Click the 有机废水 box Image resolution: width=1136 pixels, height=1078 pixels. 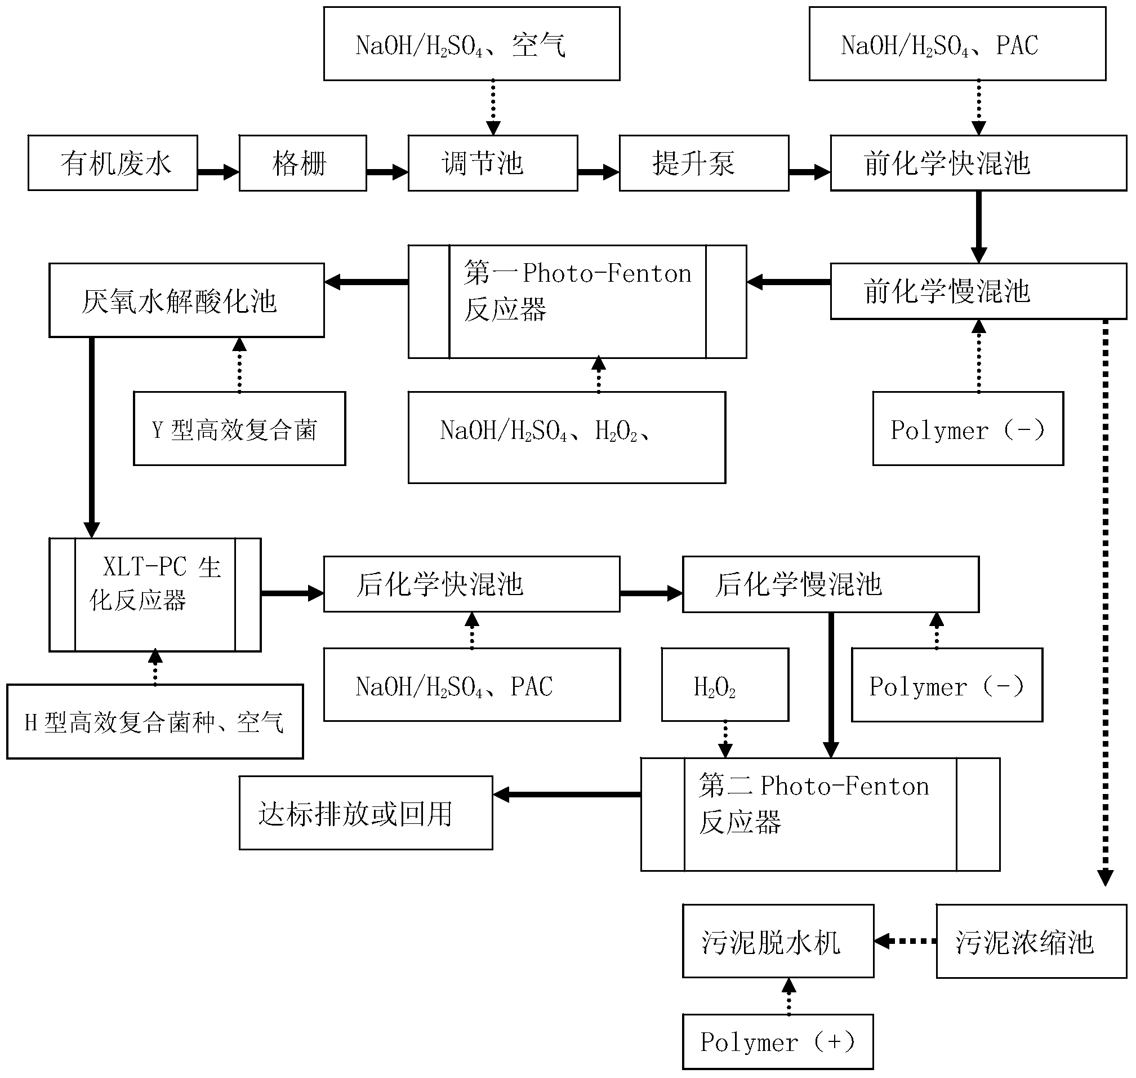click(113, 163)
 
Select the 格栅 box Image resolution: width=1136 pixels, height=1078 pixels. click(302, 163)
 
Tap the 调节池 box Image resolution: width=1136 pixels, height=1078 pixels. click(493, 163)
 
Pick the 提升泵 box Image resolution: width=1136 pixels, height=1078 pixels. click(703, 163)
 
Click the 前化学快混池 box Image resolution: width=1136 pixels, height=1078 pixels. click(978, 163)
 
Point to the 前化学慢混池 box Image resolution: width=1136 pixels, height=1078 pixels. click(978, 291)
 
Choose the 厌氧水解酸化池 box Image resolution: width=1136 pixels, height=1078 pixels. click(186, 300)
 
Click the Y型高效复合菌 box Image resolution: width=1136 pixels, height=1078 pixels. click(239, 429)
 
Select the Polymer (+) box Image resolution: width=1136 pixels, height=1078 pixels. click(778, 1042)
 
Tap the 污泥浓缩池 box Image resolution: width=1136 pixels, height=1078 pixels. click(1031, 941)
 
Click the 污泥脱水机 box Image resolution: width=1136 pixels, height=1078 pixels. click(778, 941)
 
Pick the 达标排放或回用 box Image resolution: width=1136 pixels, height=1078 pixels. click(366, 813)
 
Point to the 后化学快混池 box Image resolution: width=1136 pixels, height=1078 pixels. click(471, 584)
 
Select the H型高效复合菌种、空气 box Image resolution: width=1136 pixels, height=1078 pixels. click(154, 722)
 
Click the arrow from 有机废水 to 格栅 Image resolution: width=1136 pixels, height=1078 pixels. click(218, 171)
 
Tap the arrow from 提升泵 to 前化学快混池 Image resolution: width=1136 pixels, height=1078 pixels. click(809, 171)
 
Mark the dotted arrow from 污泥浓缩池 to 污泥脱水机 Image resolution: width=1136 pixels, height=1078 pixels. click(905, 941)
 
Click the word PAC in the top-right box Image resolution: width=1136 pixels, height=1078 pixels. click(1017, 46)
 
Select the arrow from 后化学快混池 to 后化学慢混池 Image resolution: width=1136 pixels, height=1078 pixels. click(651, 593)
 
